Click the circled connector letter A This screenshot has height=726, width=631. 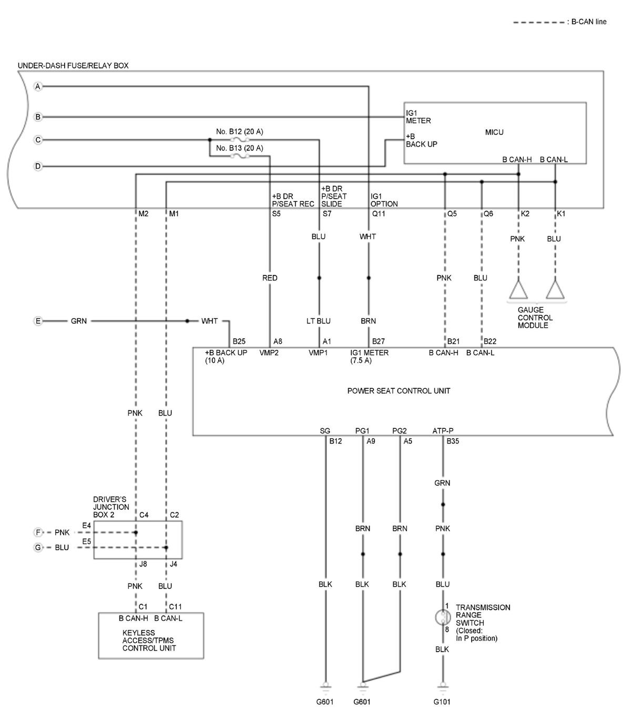tap(38, 86)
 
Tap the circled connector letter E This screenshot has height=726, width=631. tap(38, 321)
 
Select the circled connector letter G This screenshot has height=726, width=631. tap(38, 548)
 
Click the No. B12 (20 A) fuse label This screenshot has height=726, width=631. tap(239, 132)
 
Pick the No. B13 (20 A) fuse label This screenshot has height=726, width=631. tap(239, 148)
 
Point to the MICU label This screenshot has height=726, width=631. tap(494, 133)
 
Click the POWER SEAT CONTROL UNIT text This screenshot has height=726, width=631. tap(399, 391)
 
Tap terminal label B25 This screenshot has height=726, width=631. tap(239, 342)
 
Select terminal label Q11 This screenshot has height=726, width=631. tap(379, 214)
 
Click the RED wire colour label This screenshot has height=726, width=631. tap(270, 278)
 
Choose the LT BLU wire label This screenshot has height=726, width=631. tap(319, 321)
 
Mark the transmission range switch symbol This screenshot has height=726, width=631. tap(443, 617)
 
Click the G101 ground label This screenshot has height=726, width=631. tap(442, 702)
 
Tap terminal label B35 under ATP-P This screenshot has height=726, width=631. tap(453, 441)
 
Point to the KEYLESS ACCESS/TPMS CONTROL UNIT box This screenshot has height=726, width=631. tap(151, 636)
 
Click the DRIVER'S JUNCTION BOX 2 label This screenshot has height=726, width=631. tap(111, 507)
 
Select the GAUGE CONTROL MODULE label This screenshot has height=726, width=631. tap(535, 318)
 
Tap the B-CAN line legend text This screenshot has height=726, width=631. tap(589, 22)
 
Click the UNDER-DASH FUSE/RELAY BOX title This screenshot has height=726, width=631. tap(73, 66)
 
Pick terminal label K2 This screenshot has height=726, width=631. tap(525, 214)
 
